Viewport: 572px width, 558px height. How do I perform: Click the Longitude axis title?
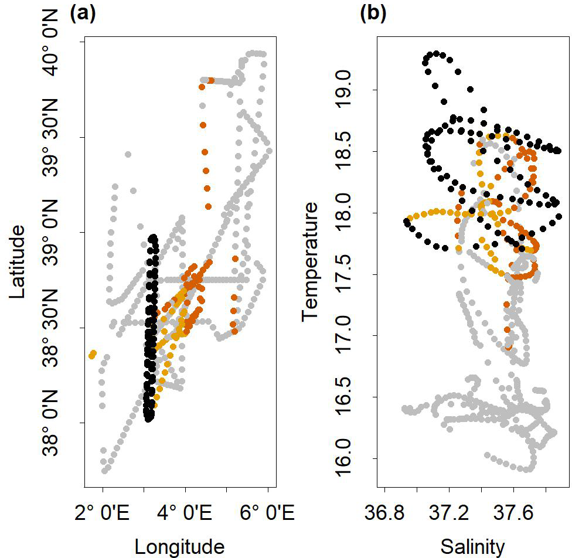pyautogui.click(x=179, y=546)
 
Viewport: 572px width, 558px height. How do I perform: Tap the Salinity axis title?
pyautogui.click(x=472, y=546)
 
